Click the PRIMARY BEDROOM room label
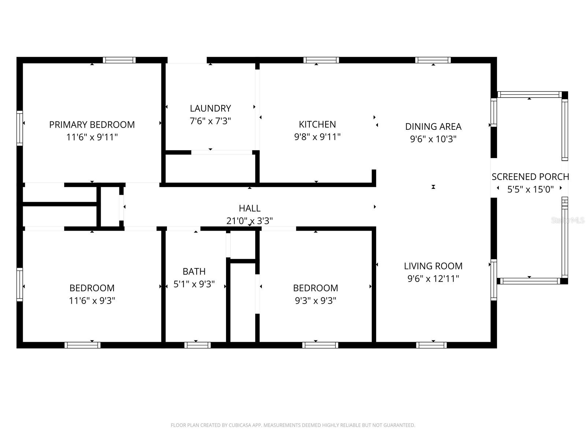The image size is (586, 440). (92, 125)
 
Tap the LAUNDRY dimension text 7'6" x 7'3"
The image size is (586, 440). (210, 121)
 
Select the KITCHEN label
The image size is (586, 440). (317, 124)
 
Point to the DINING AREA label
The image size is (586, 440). (433, 126)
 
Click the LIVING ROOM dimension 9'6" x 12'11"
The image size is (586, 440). (433, 279)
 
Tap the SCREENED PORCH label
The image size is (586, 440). (530, 177)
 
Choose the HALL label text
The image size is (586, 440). (249, 208)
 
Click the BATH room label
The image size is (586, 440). (194, 272)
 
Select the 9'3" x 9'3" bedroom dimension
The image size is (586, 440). (315, 301)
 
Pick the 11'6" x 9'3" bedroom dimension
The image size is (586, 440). (92, 301)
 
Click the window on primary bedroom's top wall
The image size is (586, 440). (119, 60)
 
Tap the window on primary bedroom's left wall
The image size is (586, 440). (20, 128)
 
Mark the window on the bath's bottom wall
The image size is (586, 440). (197, 345)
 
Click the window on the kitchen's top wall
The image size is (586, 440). (321, 60)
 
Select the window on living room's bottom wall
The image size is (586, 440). (431, 345)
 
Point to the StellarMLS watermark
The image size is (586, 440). (568, 220)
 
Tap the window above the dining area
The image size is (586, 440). (433, 60)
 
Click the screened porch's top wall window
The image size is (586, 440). (529, 95)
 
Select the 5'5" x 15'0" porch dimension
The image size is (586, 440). (530, 190)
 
